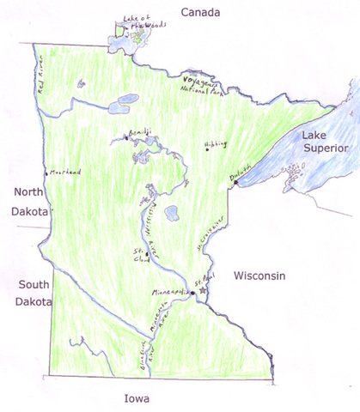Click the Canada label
click(200, 13)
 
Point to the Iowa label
click(136, 398)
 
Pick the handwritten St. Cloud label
click(137, 255)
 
